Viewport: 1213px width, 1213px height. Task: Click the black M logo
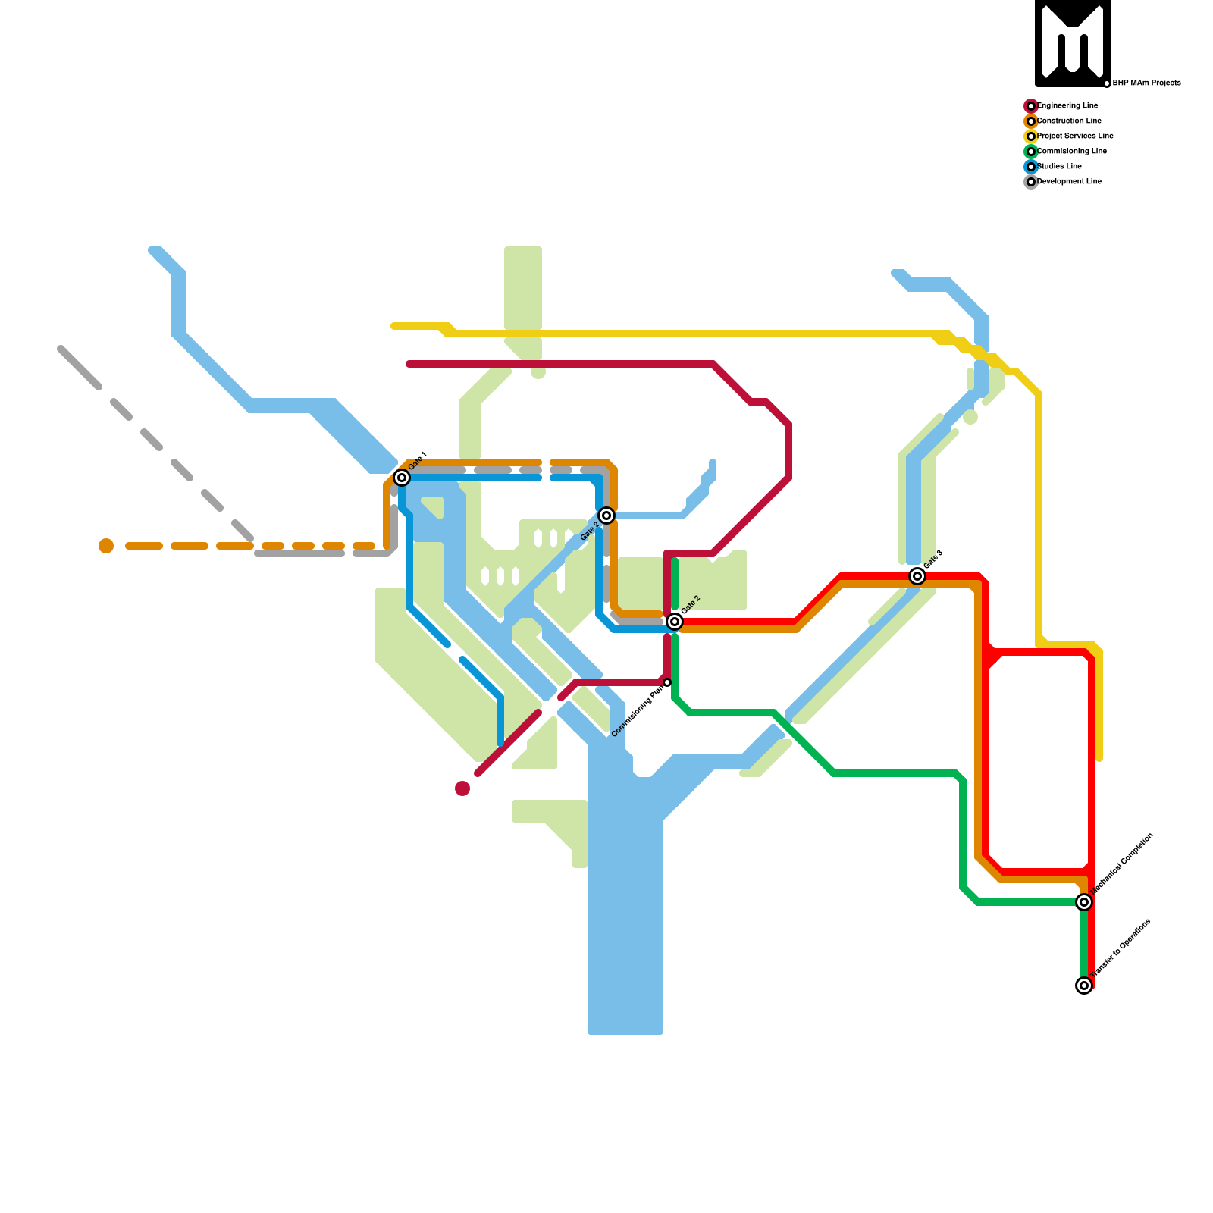pyautogui.click(x=1072, y=42)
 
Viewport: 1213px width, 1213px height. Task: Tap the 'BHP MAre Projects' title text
pyautogui.click(x=1146, y=83)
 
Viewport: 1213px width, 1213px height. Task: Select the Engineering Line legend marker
pyautogui.click(x=1030, y=106)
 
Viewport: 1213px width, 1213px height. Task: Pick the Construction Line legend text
pyautogui.click(x=1069, y=121)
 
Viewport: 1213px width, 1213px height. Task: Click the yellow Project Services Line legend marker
pyautogui.click(x=1030, y=136)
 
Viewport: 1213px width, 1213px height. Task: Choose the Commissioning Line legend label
pyautogui.click(x=1071, y=152)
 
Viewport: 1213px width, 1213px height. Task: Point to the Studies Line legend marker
pyautogui.click(x=1030, y=167)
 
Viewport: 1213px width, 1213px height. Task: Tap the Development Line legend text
pyautogui.click(x=1069, y=182)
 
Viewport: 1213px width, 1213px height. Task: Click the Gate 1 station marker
pyautogui.click(x=402, y=478)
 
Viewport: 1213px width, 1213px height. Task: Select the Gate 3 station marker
pyautogui.click(x=917, y=576)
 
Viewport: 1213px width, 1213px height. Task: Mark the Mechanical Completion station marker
pyautogui.click(x=1084, y=902)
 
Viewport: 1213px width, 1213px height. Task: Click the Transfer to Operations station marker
pyautogui.click(x=1084, y=986)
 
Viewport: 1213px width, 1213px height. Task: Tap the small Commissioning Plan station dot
pyautogui.click(x=667, y=683)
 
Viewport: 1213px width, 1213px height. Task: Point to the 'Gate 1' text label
pyautogui.click(x=418, y=460)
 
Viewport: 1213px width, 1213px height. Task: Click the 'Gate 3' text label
pyautogui.click(x=933, y=559)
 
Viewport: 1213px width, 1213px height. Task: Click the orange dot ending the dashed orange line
pyautogui.click(x=106, y=546)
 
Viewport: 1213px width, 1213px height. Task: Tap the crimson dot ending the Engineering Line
pyautogui.click(x=462, y=788)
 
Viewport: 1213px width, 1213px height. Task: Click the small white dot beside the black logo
pyautogui.click(x=1107, y=83)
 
